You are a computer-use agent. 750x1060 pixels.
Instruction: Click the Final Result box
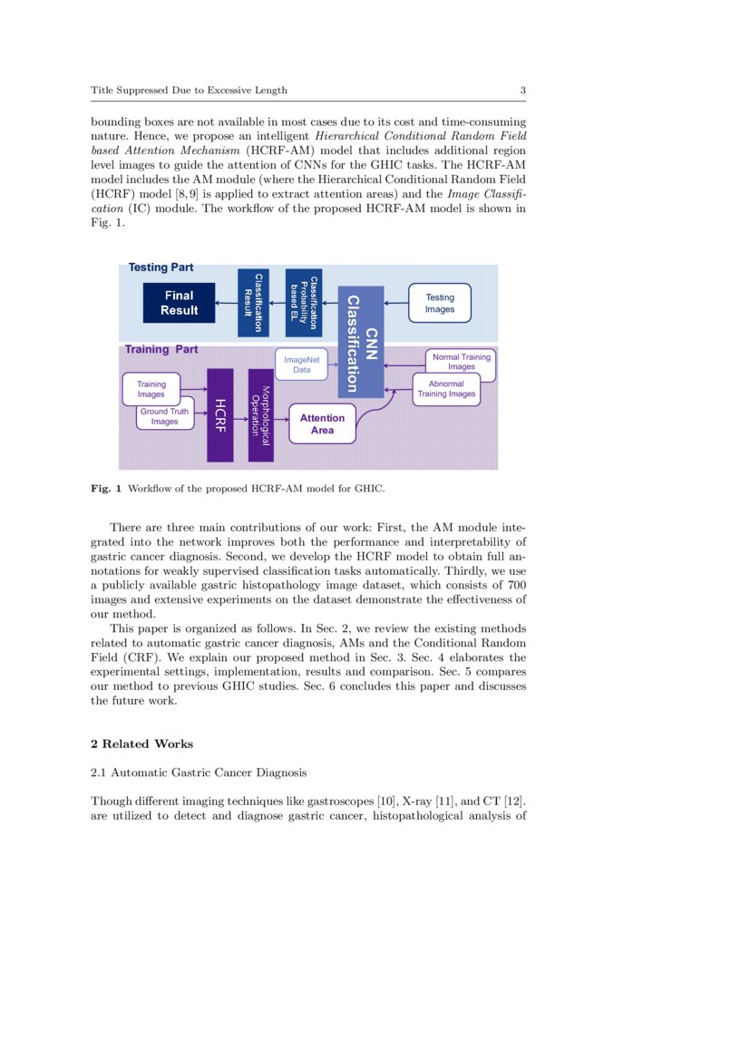[x=179, y=303]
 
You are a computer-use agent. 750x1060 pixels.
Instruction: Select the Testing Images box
[x=440, y=303]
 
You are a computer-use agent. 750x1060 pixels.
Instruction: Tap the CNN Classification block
[x=360, y=342]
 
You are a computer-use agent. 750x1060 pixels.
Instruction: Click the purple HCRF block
[x=219, y=414]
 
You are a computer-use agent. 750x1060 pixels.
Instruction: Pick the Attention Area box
[x=322, y=423]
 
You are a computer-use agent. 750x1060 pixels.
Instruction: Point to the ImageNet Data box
[x=302, y=365]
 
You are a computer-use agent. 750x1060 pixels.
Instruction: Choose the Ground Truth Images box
[x=165, y=417]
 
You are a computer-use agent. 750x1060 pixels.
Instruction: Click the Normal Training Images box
[x=461, y=362]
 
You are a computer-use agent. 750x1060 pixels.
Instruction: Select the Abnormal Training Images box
[x=446, y=389]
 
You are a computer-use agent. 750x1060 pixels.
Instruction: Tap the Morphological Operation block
[x=260, y=414]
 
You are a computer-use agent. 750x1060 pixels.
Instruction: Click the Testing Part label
[x=161, y=267]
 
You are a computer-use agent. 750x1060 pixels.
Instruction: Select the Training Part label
[x=161, y=349]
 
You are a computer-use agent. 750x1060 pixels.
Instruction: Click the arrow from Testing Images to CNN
[x=395, y=303]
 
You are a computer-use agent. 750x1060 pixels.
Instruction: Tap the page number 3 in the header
[x=523, y=90]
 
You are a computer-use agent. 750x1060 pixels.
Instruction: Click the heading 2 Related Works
[x=142, y=744]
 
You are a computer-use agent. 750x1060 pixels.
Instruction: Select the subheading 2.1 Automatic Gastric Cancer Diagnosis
[x=199, y=773]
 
